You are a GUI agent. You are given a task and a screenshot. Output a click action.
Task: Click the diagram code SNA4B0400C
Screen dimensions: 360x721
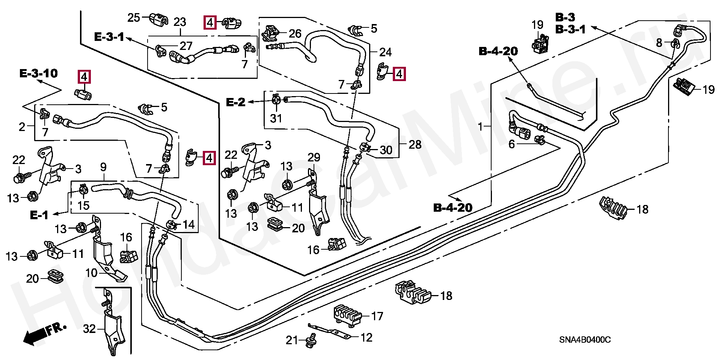[585, 340]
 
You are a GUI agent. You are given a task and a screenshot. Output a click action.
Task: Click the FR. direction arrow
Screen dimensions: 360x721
[44, 333]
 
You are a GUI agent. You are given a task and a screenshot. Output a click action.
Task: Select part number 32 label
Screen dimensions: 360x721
[89, 329]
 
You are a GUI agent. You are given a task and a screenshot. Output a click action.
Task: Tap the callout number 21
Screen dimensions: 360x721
[292, 340]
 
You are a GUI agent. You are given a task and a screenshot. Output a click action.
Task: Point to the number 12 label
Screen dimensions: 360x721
[366, 338]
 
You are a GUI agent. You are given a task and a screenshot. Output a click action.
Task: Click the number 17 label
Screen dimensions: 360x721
[377, 316]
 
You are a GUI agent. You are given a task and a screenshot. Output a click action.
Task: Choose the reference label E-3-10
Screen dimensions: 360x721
[38, 73]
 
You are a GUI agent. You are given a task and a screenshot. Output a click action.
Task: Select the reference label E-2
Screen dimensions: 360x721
[236, 102]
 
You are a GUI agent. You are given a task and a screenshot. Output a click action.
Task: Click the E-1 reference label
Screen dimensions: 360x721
[39, 215]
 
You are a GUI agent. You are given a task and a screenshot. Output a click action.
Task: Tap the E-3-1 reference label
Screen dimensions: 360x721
[109, 37]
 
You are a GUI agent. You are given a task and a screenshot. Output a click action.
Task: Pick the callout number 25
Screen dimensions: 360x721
[133, 18]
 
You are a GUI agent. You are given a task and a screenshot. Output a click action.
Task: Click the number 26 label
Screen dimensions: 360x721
[295, 34]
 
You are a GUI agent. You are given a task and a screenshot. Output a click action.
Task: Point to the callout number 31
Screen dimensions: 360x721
[276, 119]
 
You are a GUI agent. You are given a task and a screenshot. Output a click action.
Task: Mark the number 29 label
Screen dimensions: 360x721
[314, 158]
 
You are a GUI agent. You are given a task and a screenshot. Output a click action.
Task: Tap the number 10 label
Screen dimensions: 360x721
[91, 273]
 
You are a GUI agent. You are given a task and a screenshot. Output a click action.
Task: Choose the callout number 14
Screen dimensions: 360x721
[189, 224]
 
